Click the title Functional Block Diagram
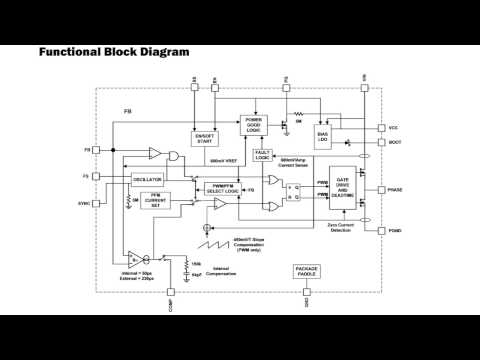click(113, 51)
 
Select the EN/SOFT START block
click(207, 138)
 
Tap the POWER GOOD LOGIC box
click(255, 125)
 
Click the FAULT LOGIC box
click(263, 155)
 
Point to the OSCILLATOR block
click(147, 180)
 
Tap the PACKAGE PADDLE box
click(306, 272)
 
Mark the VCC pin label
click(393, 128)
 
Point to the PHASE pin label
click(395, 190)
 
